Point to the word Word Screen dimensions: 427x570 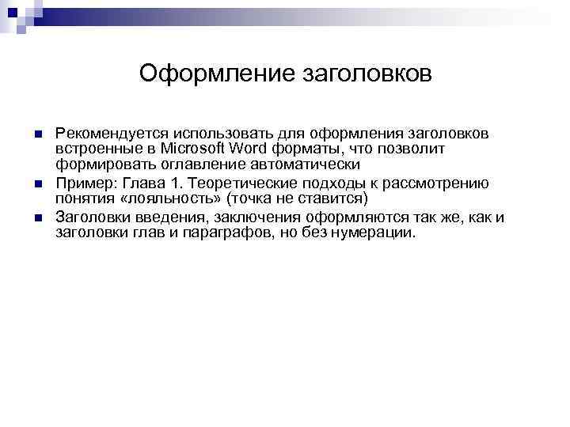coord(251,148)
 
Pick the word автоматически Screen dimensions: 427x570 coord(299,164)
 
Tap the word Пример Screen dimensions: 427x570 coord(82,183)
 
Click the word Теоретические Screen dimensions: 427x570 coord(234,183)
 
